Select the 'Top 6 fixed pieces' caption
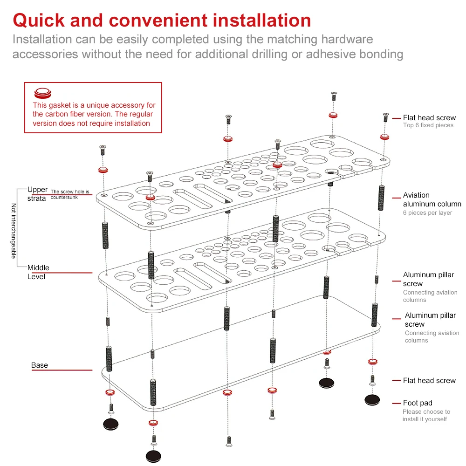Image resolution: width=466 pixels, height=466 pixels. [x=428, y=125]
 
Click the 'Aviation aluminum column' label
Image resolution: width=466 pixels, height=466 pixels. [x=432, y=199]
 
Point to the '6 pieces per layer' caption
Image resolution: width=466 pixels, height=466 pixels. [x=427, y=213]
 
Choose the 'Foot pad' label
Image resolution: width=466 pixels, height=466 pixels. [x=418, y=403]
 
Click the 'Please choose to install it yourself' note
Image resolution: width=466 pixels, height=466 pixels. [x=426, y=415]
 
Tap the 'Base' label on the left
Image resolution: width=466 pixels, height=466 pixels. [x=40, y=365]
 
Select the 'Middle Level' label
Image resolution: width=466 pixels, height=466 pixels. [x=38, y=272]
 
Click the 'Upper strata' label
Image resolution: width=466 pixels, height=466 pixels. [x=37, y=194]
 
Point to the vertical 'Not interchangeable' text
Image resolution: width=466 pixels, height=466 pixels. [x=14, y=231]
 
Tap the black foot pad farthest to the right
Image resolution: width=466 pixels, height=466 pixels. [x=372, y=400]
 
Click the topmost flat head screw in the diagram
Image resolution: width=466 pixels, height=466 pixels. [x=334, y=96]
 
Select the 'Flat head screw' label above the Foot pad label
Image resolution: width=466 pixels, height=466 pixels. [x=429, y=381]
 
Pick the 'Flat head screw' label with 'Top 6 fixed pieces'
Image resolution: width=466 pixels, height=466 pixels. [x=429, y=118]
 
